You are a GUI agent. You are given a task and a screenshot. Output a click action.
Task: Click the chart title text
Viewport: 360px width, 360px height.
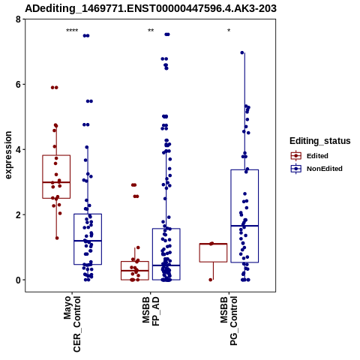tap(151, 9)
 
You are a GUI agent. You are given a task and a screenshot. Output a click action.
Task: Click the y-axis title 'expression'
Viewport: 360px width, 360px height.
tap(8, 155)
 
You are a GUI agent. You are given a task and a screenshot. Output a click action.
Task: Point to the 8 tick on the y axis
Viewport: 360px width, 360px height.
tap(18, 19)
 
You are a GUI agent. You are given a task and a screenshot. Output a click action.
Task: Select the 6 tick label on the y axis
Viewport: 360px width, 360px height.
tap(18, 85)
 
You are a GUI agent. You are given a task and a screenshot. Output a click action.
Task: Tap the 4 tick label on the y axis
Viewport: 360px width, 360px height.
tap(18, 150)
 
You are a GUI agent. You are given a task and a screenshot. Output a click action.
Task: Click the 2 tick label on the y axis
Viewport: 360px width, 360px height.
tap(18, 215)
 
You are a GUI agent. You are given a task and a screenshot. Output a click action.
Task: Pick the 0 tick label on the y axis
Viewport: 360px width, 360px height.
tap(18, 280)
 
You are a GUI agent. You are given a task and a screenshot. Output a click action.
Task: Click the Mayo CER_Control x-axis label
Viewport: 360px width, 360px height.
tap(72, 324)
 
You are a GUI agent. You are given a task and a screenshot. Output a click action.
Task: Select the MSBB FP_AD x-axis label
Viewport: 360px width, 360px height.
tap(151, 311)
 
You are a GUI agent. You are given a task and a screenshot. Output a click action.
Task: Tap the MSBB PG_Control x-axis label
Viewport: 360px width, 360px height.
tap(229, 321)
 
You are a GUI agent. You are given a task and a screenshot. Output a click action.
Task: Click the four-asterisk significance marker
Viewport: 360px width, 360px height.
tap(72, 31)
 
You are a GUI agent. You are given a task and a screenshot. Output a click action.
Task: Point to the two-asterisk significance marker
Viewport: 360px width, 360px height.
tap(151, 31)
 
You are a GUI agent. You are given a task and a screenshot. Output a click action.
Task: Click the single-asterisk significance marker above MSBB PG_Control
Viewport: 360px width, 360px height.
tap(229, 31)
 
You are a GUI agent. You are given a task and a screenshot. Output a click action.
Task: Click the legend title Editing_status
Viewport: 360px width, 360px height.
tap(320, 141)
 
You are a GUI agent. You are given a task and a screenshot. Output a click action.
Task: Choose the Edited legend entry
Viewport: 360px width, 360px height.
tap(310, 156)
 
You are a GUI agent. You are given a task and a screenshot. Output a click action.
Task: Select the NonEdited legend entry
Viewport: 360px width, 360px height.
tap(316, 169)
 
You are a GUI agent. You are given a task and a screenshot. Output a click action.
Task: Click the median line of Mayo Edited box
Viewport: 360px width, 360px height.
tap(56, 182)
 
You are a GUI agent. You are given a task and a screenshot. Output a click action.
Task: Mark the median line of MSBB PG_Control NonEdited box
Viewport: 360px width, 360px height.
tap(244, 226)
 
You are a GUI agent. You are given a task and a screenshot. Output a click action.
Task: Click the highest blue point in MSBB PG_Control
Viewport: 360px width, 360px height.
tap(242, 52)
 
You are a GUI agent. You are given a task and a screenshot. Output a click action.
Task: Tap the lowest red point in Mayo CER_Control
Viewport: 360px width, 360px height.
tap(57, 238)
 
